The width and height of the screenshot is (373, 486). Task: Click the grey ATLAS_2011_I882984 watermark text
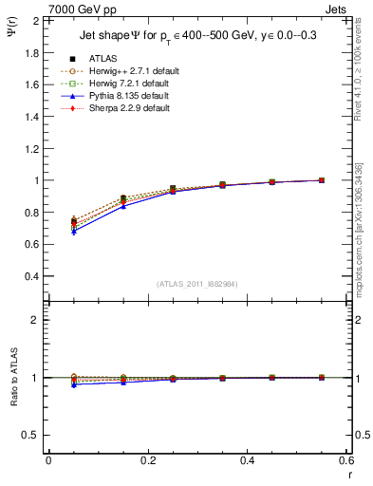point(197,285)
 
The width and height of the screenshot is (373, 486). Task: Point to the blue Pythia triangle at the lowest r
point(74,231)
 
